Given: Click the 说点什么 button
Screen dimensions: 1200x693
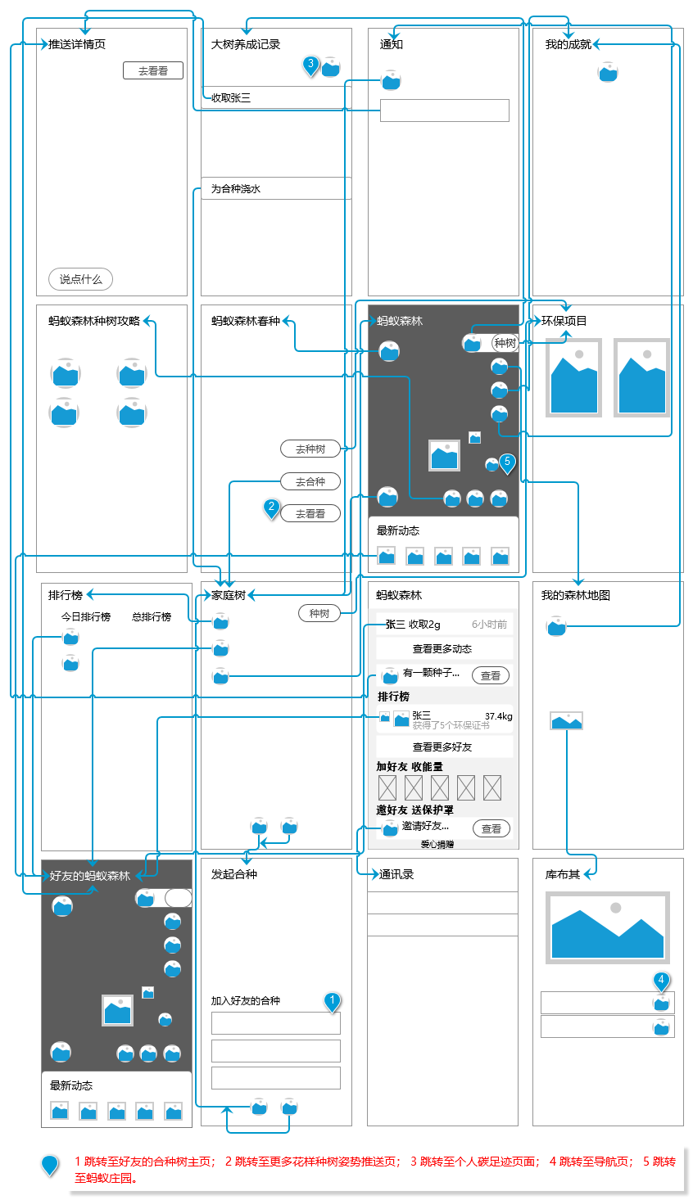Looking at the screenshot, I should point(80,279).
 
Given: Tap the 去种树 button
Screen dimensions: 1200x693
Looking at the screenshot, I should point(310,449).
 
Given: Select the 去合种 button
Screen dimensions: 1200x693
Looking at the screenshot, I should point(310,481).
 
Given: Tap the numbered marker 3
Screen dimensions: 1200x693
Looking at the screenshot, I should point(310,65).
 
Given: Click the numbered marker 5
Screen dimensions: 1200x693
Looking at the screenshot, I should point(507,462).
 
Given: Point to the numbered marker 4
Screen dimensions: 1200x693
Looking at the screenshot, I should point(661,981).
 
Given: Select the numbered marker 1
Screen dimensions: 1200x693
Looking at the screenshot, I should point(332,1001).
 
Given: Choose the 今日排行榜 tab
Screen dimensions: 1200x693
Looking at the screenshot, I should point(86,616).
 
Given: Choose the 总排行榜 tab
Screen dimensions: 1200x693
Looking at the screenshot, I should point(152,616).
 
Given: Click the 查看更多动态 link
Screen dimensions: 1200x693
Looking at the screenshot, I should point(442,649).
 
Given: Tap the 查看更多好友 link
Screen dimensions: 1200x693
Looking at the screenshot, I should point(442,747).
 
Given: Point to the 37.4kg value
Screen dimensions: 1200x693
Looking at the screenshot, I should point(498,716).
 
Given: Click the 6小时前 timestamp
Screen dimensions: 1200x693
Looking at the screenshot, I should point(489,625).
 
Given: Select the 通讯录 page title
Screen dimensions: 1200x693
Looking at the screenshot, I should point(396,874).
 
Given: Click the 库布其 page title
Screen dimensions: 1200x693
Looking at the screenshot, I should point(563,874).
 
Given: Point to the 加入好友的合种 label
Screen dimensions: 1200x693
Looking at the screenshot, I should point(246,1000).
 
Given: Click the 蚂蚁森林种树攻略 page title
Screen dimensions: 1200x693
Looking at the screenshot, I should point(94,321).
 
